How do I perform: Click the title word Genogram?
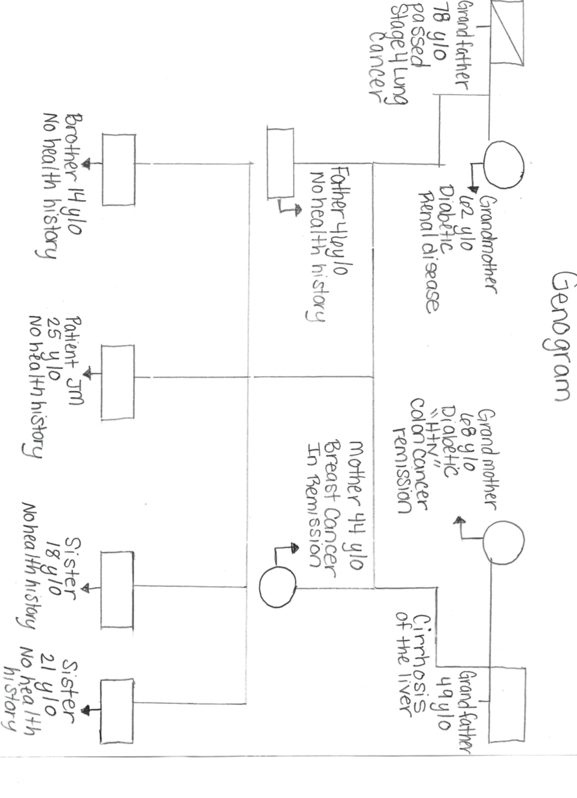coord(559,336)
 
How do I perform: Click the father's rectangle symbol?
coord(280,163)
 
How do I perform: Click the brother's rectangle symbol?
coord(118,169)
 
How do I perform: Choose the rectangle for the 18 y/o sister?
coord(117,589)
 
